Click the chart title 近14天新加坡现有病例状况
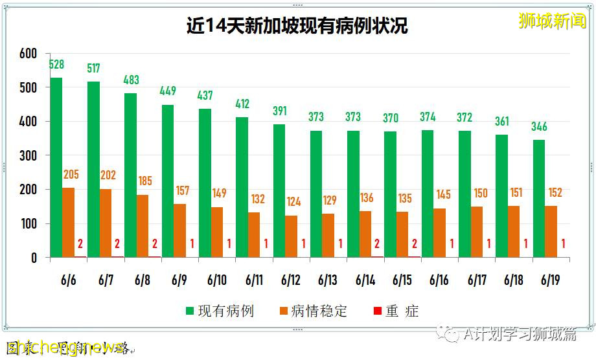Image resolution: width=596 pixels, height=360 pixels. (297, 26)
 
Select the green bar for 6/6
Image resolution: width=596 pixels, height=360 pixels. (56, 168)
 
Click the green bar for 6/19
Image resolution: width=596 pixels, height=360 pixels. (539, 199)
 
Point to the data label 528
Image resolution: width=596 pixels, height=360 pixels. (57, 65)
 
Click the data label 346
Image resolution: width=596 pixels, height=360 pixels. (539, 126)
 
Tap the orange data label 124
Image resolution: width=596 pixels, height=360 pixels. (293, 202)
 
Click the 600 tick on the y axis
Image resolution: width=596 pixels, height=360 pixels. (28, 54)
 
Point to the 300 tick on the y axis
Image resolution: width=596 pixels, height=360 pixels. (28, 156)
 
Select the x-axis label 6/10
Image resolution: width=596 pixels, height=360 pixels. (217, 280)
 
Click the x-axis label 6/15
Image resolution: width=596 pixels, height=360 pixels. (402, 280)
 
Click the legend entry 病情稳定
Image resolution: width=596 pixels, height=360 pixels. (312, 311)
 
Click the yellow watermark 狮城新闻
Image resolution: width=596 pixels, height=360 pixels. (552, 21)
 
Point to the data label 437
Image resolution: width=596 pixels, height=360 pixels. (205, 95)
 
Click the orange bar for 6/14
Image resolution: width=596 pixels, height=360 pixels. (365, 234)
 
